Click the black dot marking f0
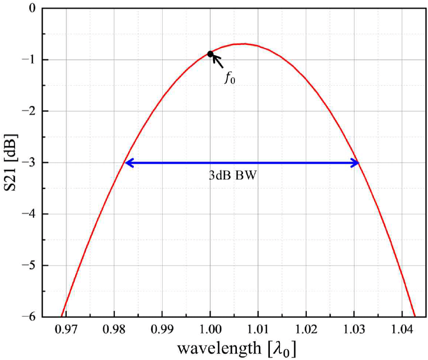click(x=211, y=54)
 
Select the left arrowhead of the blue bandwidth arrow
click(x=128, y=162)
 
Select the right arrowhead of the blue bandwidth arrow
click(x=355, y=162)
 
